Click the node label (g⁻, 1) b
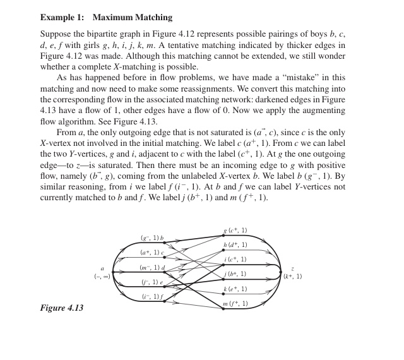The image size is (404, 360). pos(152,238)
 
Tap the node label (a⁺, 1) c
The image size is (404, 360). pos(152,253)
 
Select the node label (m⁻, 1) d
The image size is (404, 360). pos(152,267)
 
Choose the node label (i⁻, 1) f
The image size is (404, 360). pos(152,296)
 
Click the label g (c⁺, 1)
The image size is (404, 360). pos(235,231)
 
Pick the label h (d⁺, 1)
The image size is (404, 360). pos(235,245)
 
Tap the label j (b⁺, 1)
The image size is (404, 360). pos(235,274)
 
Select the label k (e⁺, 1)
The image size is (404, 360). pos(235,289)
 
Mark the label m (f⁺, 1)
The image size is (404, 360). pos(235,304)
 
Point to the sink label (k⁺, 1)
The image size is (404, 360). pos(293,276)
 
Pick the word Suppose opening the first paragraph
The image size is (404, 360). pos(55,32)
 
